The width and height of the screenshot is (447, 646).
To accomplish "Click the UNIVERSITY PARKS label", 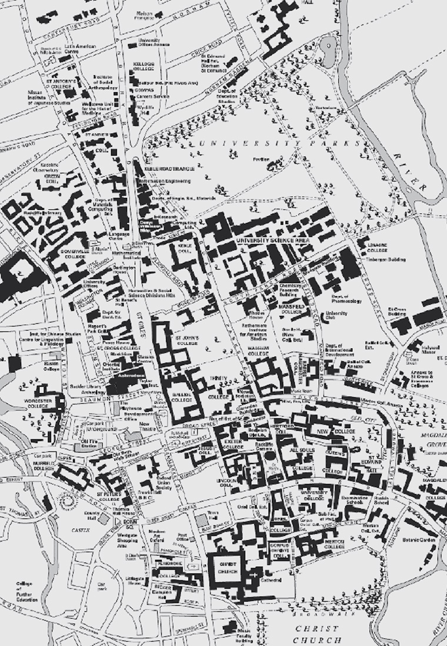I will [279, 143].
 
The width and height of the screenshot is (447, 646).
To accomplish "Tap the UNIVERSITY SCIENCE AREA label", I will [272, 241].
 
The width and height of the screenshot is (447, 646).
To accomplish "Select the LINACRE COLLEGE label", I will [373, 248].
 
